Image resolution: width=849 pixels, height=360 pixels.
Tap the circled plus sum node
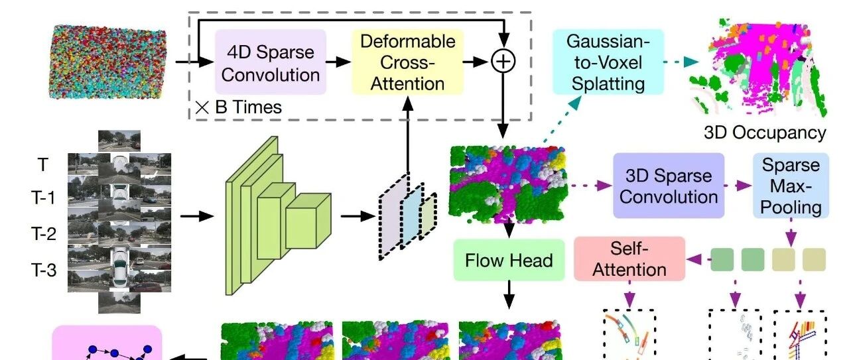click(503, 62)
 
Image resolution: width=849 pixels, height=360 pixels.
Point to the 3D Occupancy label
click(765, 133)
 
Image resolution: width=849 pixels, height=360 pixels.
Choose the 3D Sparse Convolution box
click(668, 186)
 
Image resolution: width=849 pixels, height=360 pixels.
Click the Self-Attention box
click(629, 259)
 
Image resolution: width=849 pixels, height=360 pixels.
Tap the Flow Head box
click(509, 260)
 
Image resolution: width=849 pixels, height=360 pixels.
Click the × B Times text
click(239, 107)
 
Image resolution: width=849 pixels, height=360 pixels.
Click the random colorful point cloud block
click(107, 61)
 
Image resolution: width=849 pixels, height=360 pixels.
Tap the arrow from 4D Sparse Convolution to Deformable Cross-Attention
click(338, 62)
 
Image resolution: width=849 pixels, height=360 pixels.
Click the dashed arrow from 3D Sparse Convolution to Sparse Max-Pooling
click(738, 186)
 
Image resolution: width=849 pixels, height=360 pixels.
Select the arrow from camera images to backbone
click(197, 216)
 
